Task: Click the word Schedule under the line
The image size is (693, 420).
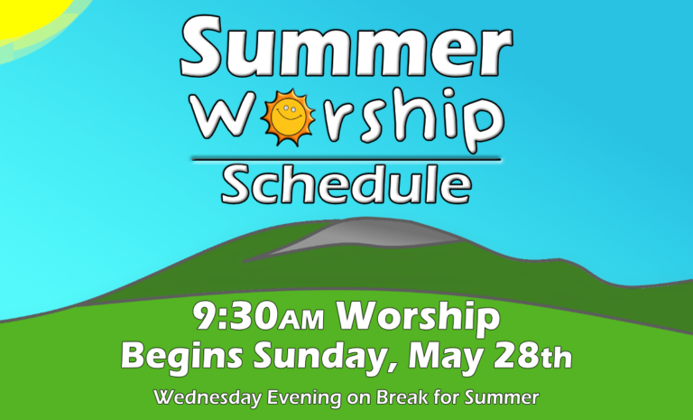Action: pos(346,184)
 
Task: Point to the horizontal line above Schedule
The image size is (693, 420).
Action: pos(346,159)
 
